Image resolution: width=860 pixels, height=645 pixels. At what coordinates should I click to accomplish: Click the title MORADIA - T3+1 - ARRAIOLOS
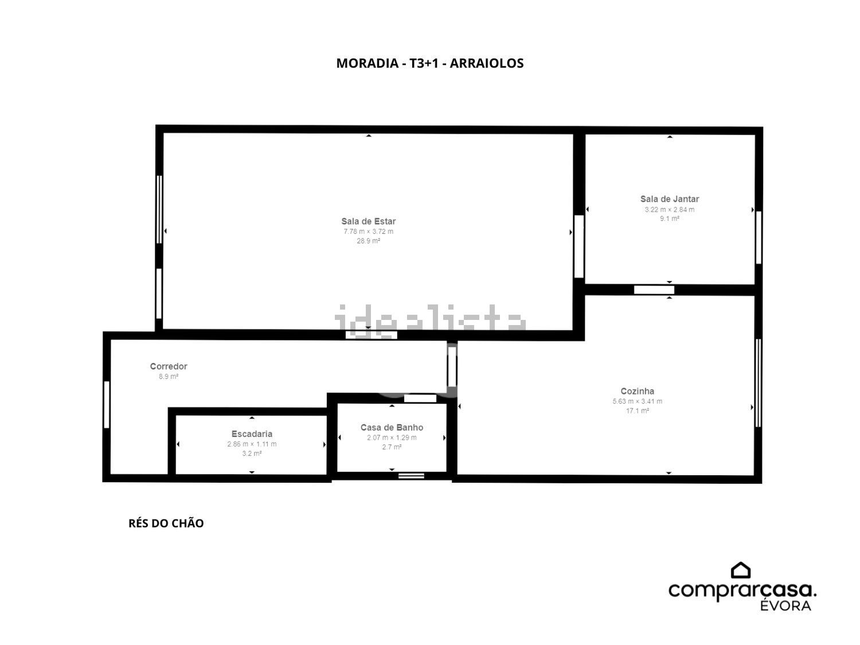(430, 63)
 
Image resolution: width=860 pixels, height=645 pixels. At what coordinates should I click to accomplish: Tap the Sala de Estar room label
(368, 221)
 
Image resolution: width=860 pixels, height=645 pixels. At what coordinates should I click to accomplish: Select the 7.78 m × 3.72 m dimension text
(368, 232)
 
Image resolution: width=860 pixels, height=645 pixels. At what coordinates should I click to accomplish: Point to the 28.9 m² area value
(368, 241)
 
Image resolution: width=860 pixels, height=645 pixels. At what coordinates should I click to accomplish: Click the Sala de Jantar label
(670, 199)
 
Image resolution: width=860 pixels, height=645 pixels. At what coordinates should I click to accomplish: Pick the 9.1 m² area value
(670, 218)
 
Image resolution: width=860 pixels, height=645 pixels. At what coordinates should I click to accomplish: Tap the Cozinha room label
(638, 391)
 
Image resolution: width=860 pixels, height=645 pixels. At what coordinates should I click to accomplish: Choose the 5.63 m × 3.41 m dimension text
(638, 401)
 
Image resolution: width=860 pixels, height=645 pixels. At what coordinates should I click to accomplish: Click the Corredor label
(169, 366)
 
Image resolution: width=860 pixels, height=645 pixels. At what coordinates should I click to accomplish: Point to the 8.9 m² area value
(169, 376)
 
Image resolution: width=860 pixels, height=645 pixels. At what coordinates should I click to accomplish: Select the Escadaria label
(252, 434)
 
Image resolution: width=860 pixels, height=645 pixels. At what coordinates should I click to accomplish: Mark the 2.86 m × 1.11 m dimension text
(252, 444)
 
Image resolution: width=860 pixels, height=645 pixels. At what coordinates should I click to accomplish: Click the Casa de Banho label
(392, 427)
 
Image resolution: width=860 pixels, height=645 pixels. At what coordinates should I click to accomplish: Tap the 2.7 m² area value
(392, 447)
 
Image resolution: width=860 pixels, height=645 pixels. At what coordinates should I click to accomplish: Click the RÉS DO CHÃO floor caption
(166, 523)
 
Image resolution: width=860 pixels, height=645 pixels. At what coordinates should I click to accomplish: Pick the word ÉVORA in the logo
(785, 605)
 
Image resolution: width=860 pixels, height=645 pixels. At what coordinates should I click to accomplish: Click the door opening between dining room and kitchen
(654, 290)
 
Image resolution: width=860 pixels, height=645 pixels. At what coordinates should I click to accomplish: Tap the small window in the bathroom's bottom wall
(412, 476)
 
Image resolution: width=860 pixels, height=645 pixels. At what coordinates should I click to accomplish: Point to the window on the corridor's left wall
(107, 405)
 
